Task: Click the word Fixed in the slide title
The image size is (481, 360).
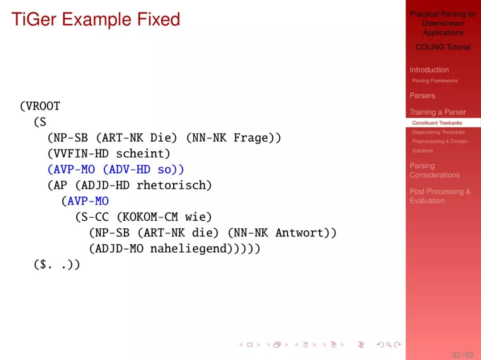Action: [158, 19]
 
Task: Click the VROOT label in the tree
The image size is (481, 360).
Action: [43, 106]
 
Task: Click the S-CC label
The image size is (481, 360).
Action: [95, 217]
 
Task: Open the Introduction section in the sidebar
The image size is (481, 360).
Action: [429, 70]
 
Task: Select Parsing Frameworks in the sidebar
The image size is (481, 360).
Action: [435, 81]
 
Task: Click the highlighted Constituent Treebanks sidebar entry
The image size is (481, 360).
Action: [437, 123]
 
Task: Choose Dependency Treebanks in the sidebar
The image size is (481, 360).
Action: [438, 132]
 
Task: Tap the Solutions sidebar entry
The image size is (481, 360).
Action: [422, 151]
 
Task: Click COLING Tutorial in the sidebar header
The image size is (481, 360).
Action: [443, 47]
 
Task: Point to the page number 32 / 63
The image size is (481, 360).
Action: [462, 355]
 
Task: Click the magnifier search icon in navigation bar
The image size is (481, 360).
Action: [389, 345]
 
